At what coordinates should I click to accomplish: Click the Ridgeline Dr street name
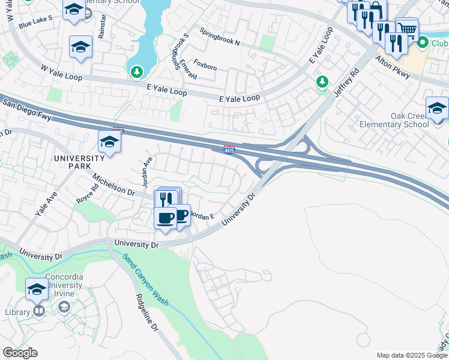[147, 313]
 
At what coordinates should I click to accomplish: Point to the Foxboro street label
[205, 65]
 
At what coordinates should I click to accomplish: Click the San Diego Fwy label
[31, 112]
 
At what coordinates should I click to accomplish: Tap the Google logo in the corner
[20, 353]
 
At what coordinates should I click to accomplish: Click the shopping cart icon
[407, 28]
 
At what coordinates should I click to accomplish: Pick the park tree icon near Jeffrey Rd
[322, 81]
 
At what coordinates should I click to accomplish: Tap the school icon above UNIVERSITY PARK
[109, 142]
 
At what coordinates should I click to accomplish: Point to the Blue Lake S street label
[35, 22]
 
